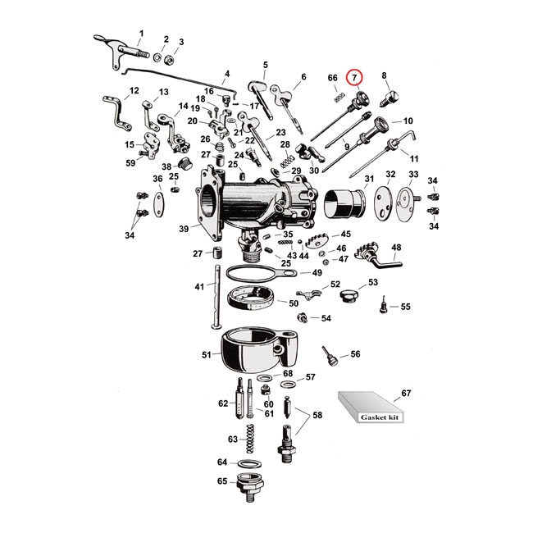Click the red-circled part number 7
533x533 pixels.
354,78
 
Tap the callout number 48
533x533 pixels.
396,247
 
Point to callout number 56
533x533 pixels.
355,354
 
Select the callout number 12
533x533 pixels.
134,90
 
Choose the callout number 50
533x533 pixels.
293,303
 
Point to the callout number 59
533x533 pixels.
131,163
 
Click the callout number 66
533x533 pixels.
333,78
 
